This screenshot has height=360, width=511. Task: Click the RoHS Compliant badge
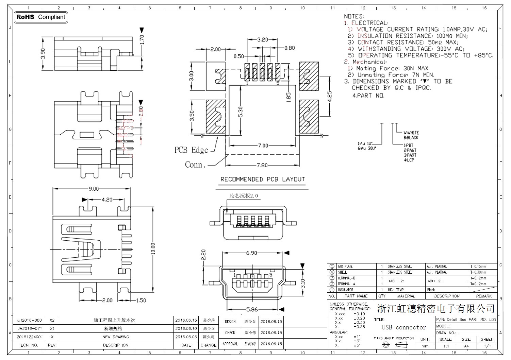41,17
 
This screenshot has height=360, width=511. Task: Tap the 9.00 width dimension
94,189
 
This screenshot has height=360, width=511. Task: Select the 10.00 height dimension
153,248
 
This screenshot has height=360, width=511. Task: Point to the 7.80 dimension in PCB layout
262,166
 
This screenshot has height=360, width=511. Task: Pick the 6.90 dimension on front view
251,253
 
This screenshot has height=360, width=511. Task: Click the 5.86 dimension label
252,309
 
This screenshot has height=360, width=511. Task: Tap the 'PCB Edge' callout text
191,150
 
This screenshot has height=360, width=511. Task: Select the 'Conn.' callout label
195,165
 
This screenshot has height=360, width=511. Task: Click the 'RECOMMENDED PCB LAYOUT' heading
263,179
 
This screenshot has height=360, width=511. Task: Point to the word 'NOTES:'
354,16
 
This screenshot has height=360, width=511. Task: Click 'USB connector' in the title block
404,327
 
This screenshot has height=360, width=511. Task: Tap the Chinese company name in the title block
435,309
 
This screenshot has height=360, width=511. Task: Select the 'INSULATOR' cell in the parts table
345,290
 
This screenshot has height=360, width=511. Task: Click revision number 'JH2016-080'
30,320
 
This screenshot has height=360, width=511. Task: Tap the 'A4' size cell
466,346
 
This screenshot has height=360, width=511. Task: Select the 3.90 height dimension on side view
43,53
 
